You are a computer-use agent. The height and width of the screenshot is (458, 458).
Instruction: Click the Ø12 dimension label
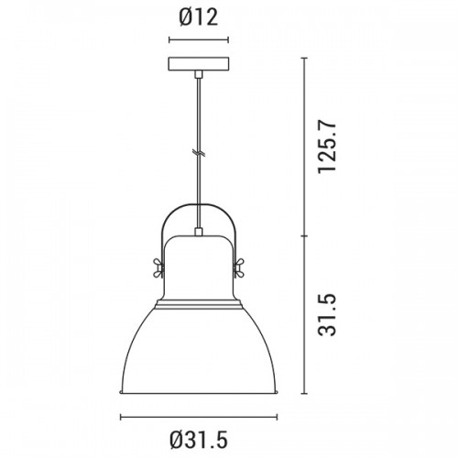pyautogui.click(x=199, y=17)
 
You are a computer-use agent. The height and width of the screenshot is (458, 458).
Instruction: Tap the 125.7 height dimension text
pyautogui.click(x=327, y=147)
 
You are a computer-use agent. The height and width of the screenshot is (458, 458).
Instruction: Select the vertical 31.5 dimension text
pyautogui.click(x=327, y=315)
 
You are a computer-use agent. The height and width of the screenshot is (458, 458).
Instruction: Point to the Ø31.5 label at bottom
pyautogui.click(x=199, y=440)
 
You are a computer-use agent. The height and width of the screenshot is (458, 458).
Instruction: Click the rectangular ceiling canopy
pyautogui.click(x=199, y=64)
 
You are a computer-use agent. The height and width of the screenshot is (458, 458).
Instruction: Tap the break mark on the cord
pyautogui.click(x=199, y=153)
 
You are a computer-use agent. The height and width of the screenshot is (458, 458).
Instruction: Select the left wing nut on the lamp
pyautogui.click(x=158, y=267)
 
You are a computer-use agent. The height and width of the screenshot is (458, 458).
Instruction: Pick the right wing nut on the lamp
pyautogui.click(x=238, y=267)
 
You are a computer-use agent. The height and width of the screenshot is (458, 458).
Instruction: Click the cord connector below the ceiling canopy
pyautogui.click(x=199, y=74)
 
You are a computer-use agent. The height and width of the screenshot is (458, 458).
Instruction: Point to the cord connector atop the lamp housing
pyautogui.click(x=199, y=232)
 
